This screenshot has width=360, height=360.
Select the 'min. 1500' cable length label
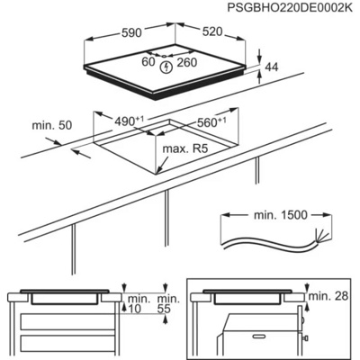(281, 217)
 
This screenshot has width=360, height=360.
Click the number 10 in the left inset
(133, 309)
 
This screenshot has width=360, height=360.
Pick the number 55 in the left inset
(163, 309)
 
